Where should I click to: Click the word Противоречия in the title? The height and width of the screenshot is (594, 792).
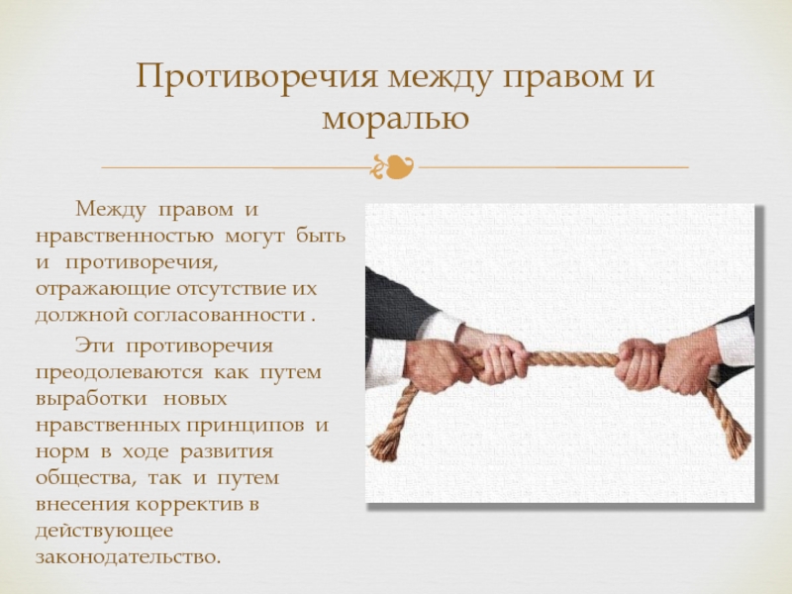click(x=257, y=78)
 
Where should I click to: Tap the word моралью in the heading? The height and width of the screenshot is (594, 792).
click(x=395, y=119)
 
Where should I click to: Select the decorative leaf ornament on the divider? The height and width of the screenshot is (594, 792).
click(x=393, y=166)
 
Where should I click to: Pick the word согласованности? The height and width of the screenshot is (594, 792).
click(x=220, y=315)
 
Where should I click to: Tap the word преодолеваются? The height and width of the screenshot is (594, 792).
click(x=119, y=373)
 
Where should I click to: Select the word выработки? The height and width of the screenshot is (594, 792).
click(x=91, y=399)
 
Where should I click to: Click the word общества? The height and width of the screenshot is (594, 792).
click(x=85, y=478)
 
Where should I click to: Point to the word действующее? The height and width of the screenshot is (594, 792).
click(x=104, y=532)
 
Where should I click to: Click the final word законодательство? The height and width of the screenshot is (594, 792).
click(x=129, y=557)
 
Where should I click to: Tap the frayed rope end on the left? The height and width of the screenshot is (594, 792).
click(x=383, y=446)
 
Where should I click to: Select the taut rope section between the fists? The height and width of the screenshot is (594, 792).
click(x=574, y=358)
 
